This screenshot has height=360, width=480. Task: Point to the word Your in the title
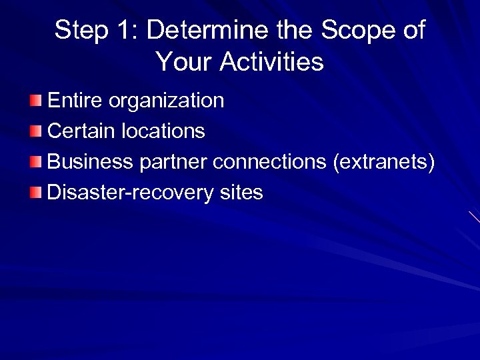coord(183,62)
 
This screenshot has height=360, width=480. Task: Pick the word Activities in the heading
coord(271,62)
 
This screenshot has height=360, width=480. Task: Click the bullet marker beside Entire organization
coord(35,101)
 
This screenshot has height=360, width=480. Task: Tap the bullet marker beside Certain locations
coord(35,131)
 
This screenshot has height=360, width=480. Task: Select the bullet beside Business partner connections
coord(35,162)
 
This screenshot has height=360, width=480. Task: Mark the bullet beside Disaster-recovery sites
coord(35,193)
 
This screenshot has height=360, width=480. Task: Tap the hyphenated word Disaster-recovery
coord(131,193)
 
